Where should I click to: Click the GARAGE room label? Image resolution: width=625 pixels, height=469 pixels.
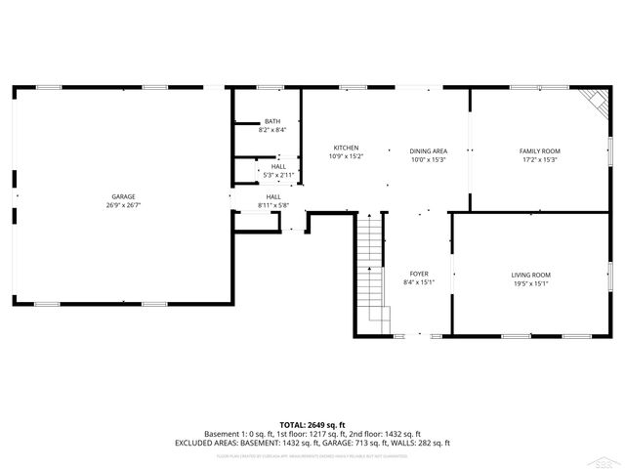(x=123, y=196)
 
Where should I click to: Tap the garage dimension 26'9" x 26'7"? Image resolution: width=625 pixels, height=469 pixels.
(x=123, y=205)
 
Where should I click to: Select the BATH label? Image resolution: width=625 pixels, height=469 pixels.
(x=271, y=121)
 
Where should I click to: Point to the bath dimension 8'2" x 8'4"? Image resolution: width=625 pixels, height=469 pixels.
(x=271, y=129)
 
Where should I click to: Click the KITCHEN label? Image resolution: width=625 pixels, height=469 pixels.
(x=346, y=148)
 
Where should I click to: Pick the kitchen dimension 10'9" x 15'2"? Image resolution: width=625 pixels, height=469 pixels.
(x=346, y=156)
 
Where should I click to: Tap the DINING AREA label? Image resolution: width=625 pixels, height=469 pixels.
(x=428, y=150)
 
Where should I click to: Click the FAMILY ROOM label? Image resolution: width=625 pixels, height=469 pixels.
(x=539, y=150)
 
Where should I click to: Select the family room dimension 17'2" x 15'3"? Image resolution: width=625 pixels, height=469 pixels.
(x=539, y=159)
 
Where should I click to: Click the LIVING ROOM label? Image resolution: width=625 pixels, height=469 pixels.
(x=531, y=275)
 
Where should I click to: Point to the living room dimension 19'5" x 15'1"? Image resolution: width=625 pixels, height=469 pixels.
(x=531, y=283)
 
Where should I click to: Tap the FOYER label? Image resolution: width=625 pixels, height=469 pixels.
(x=419, y=274)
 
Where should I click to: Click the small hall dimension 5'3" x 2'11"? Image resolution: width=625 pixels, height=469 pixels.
(x=278, y=175)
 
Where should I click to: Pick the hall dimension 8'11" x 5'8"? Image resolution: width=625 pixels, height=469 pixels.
(x=273, y=205)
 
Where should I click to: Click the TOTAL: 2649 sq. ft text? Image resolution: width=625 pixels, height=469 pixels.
(x=312, y=424)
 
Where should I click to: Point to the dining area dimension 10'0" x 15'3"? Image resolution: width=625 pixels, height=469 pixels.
(x=428, y=159)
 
